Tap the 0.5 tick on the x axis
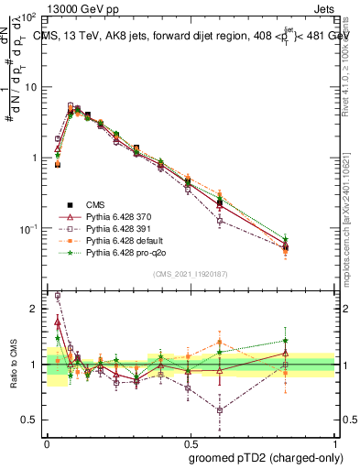tap(190, 442)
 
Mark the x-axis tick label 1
tap(333, 442)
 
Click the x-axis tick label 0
tap(47, 442)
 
